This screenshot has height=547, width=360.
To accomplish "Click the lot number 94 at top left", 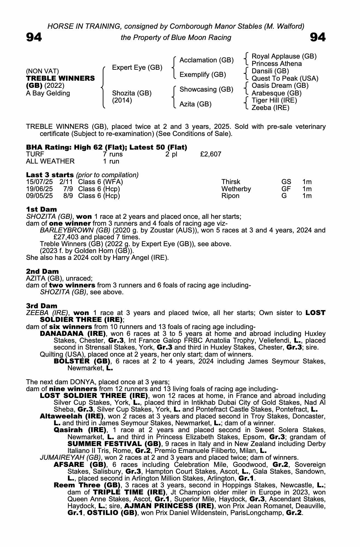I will [x=34, y=37].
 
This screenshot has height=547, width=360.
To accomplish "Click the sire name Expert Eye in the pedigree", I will [x=137, y=67].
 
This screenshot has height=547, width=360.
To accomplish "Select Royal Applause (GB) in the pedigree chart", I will [x=284, y=56].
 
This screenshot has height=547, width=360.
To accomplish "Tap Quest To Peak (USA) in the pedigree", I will [x=285, y=78].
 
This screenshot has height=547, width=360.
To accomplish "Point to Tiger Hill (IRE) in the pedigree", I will [x=274, y=100].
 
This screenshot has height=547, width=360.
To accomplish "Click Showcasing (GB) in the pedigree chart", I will [x=206, y=89].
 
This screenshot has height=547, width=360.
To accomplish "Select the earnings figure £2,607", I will [x=211, y=154].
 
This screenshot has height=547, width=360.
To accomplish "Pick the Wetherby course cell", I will [x=236, y=189].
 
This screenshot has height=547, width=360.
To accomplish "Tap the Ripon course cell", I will [x=230, y=196].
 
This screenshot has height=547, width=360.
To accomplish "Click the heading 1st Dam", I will [x=41, y=210].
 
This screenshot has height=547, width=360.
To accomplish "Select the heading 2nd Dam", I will [x=42, y=272].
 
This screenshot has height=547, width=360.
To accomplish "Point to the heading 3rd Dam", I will [x=42, y=306].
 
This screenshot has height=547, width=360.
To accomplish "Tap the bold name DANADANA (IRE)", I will [x=73, y=334].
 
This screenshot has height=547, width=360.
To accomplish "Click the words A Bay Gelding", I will [x=48, y=93].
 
